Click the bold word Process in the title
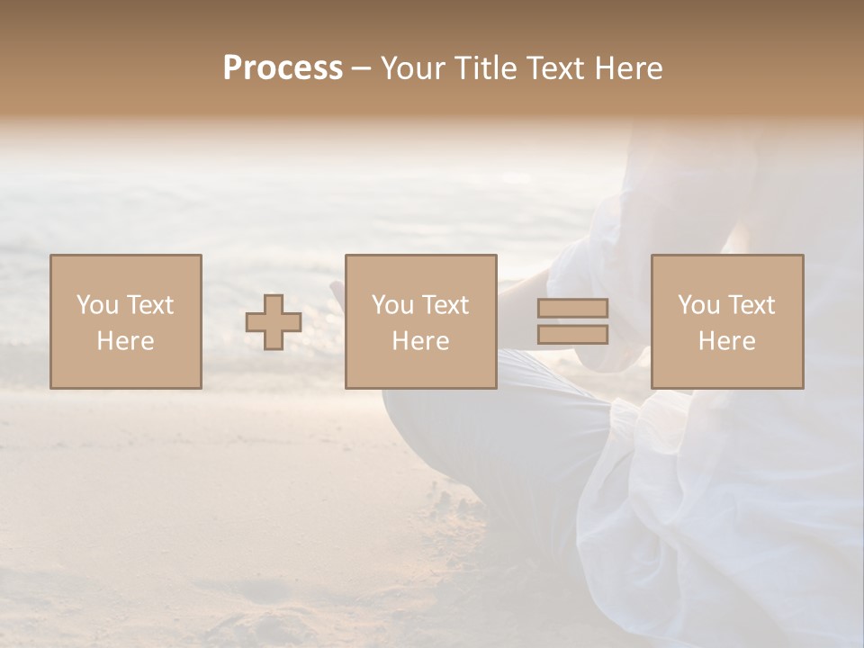(x=283, y=68)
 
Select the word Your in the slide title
(x=412, y=68)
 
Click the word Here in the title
(x=627, y=68)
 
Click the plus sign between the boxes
(x=274, y=322)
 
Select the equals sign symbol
(x=572, y=321)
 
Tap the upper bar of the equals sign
(x=572, y=309)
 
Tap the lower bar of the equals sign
(x=572, y=335)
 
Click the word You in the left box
(x=96, y=305)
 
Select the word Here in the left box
(x=125, y=341)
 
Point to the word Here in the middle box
(x=420, y=341)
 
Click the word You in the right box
(x=697, y=305)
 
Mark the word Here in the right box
(x=726, y=341)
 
